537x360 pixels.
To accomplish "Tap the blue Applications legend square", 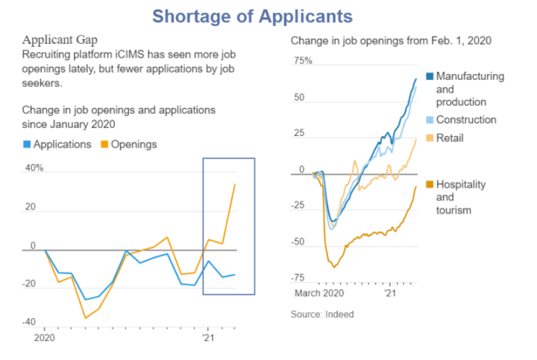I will point(27,144).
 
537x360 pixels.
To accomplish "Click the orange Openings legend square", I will point(104,144).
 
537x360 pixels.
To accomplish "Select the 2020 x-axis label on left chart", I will point(45,338).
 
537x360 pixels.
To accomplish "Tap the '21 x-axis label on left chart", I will point(207,338).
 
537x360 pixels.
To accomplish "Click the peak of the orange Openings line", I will point(234,184).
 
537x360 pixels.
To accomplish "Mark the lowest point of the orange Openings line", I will point(85,318).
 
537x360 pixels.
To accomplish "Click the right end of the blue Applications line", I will point(234,275).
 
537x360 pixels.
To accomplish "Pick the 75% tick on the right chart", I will point(304,61).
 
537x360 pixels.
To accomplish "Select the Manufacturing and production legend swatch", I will point(430,77).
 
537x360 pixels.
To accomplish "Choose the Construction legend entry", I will point(466,120).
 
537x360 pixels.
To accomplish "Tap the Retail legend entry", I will point(449,138).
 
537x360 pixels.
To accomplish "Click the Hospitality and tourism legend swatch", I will point(430,185).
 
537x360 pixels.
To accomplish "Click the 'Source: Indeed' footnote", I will point(322,314).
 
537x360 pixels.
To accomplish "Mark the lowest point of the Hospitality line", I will point(334,267).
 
